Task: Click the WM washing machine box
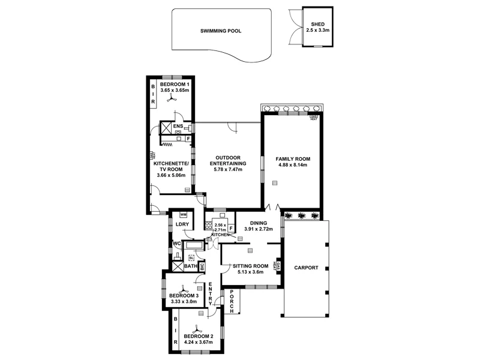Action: pos(184,214)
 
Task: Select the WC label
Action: pos(176,244)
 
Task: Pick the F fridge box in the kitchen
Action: pos(230,229)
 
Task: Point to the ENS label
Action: pos(178,127)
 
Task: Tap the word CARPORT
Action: pos(305,268)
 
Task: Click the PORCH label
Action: pos(232,302)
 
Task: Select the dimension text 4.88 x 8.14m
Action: pos(292,165)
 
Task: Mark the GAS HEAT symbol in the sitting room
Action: pos(277,266)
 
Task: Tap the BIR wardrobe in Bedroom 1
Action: pos(154,94)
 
